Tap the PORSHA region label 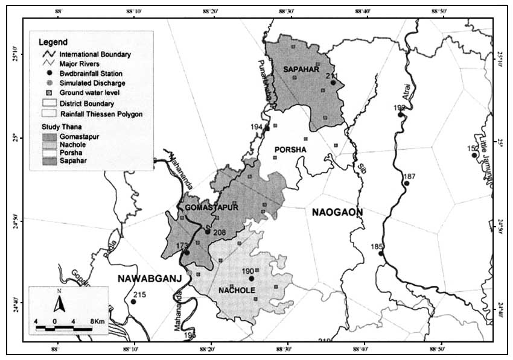tap(291, 149)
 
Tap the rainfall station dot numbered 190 tap(252, 279)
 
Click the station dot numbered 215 tap(133, 302)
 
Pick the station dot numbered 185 tap(381, 253)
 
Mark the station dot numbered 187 tap(407, 183)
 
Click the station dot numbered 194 tap(267, 128)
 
